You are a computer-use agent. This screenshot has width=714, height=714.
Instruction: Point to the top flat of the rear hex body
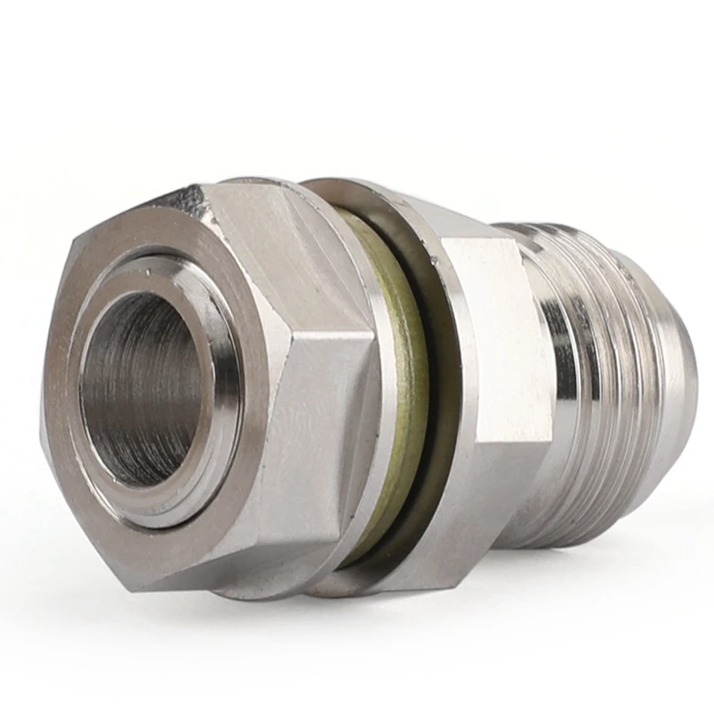tap(446, 205)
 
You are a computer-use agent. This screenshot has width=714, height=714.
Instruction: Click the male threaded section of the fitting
tap(625, 375)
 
